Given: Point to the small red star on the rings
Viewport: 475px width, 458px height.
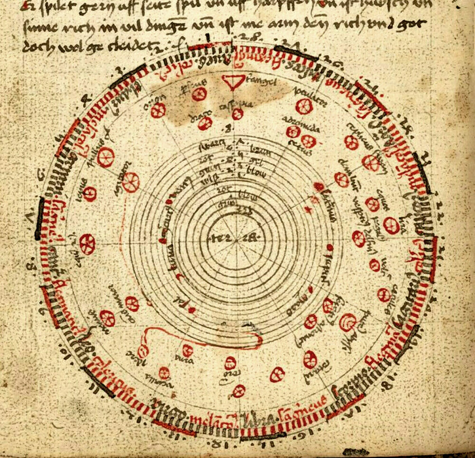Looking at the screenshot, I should click(x=306, y=208).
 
